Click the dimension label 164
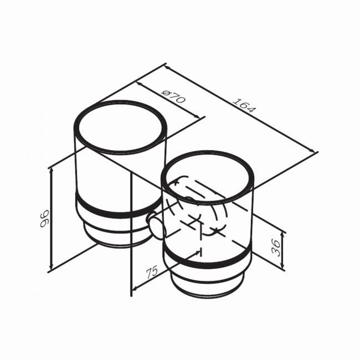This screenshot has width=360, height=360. (x=244, y=105)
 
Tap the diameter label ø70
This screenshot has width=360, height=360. (x=173, y=96)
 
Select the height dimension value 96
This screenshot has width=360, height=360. (x=44, y=218)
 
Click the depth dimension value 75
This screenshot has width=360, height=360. (x=152, y=272)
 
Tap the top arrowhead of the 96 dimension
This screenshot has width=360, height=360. (x=52, y=171)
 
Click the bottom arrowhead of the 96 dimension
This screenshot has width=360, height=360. (x=52, y=268)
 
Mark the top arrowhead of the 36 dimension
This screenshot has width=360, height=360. (x=283, y=235)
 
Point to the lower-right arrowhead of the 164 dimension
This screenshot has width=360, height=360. (x=313, y=150)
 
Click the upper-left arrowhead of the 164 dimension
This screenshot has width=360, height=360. (x=167, y=68)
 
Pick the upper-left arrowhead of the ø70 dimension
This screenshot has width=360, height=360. (x=139, y=84)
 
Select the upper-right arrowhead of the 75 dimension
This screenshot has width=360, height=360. (x=198, y=252)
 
